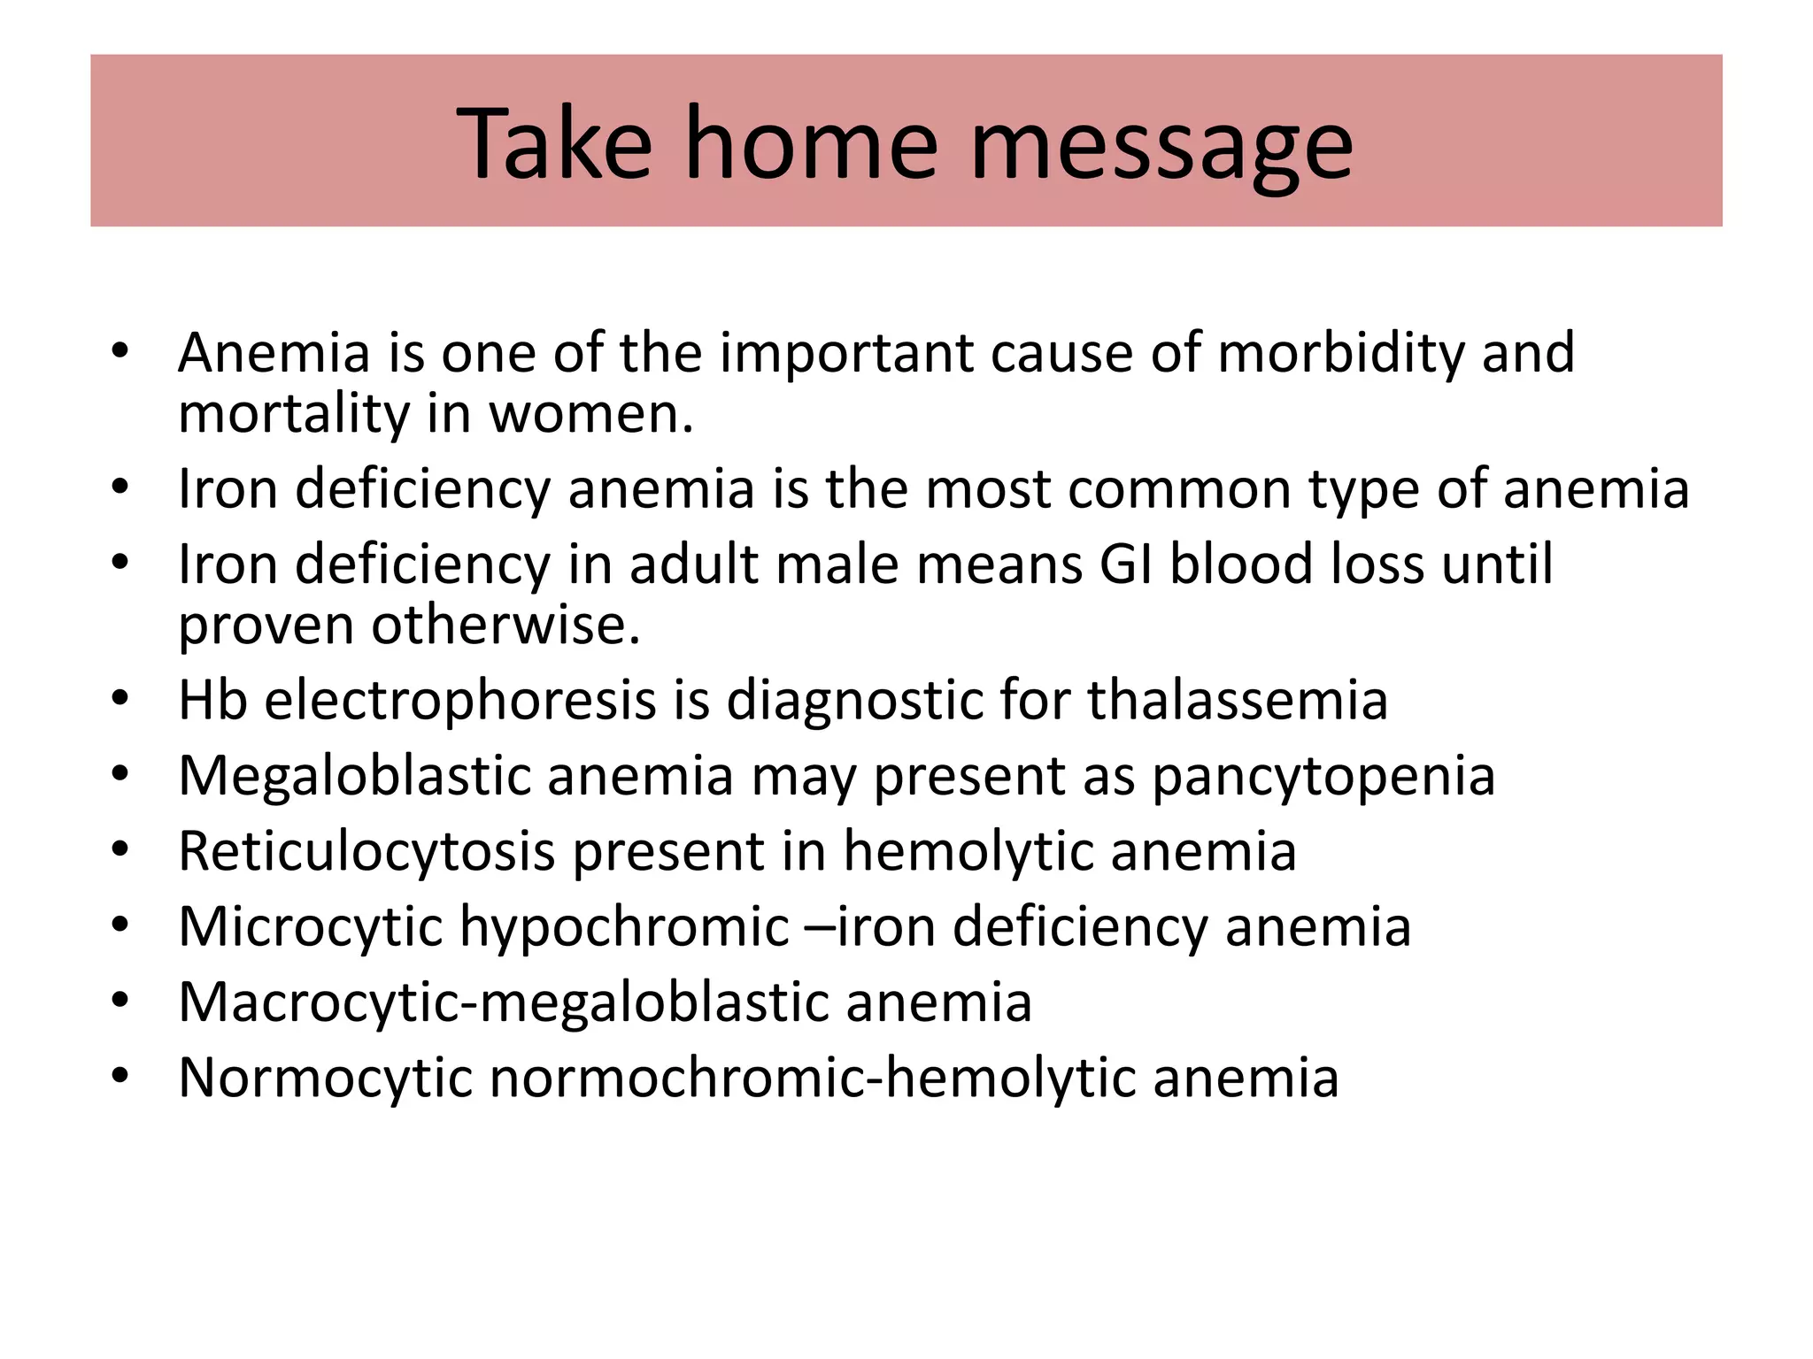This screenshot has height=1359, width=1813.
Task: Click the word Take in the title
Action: coord(554,143)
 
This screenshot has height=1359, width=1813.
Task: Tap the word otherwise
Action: coord(505,626)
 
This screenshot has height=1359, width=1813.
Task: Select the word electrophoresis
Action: coord(460,702)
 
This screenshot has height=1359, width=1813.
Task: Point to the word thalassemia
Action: coord(1238,700)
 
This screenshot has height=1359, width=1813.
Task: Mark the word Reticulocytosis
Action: coord(366,852)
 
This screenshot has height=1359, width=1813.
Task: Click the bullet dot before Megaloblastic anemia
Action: coord(121,776)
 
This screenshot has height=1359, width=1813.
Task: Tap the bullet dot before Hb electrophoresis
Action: coord(121,701)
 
